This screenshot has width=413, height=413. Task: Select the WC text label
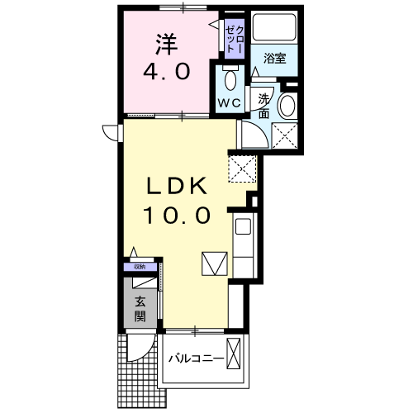point(229,102)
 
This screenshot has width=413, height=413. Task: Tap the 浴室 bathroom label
point(274,58)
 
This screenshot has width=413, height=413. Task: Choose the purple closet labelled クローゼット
point(233,37)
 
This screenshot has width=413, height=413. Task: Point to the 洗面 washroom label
point(263,107)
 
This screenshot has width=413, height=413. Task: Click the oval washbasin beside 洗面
point(287,106)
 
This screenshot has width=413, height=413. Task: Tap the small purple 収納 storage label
point(140,266)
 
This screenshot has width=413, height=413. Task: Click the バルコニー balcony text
point(196,359)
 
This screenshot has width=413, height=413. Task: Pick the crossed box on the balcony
point(235,356)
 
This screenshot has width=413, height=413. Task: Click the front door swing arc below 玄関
point(142,347)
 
